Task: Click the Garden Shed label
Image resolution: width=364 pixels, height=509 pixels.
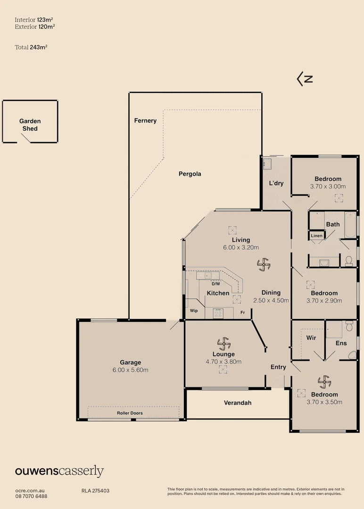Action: click(30, 125)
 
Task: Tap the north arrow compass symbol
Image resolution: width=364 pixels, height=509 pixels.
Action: click(305, 79)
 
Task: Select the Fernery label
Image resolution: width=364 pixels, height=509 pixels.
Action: click(145, 121)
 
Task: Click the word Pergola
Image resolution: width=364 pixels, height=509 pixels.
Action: click(190, 174)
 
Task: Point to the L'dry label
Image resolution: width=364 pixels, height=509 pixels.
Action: click(276, 183)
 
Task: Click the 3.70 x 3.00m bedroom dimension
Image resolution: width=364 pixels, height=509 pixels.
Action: click(328, 187)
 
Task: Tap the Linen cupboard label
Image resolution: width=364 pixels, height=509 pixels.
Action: click(317, 236)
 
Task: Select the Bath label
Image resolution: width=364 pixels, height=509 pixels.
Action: click(333, 224)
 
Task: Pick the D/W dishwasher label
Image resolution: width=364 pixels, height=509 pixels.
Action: click(215, 284)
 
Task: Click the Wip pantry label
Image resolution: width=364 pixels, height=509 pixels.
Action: click(194, 312)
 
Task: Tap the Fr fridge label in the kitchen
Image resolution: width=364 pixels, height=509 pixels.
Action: click(243, 312)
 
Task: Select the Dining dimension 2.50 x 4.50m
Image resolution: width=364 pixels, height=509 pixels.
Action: click(271, 300)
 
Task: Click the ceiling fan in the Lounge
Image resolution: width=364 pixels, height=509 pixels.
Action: click(223, 343)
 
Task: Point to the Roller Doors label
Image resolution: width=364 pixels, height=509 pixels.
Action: click(130, 413)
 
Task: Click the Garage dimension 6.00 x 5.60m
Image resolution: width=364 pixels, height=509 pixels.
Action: click(130, 370)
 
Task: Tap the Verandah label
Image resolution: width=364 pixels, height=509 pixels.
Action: click(238, 403)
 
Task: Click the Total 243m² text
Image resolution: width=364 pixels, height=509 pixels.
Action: click(31, 47)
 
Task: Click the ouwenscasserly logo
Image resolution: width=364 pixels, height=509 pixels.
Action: click(59, 471)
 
